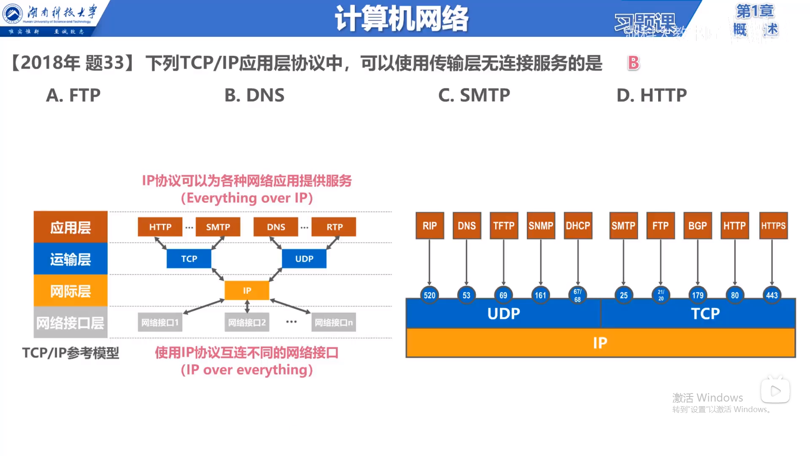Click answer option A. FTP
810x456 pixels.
point(73,95)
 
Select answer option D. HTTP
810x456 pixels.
point(651,95)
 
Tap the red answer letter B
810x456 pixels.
point(633,63)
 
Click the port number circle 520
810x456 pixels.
point(429,295)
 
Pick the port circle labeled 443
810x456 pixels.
point(772,295)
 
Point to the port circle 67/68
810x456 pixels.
point(578,295)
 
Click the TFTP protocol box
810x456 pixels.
point(504,226)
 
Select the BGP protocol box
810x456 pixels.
point(697,226)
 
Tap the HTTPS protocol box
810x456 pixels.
point(773,226)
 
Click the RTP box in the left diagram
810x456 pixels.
point(334,227)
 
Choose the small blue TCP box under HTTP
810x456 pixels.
point(189,259)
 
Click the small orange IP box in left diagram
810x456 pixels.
point(247,290)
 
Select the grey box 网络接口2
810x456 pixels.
point(247,323)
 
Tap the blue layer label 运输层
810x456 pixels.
point(70,259)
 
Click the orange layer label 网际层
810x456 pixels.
point(70,291)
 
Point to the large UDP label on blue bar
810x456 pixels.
point(503,314)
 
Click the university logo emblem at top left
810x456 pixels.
point(13,14)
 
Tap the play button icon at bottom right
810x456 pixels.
point(775,391)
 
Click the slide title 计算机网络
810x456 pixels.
point(401,19)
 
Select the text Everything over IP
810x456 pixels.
point(247,198)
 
